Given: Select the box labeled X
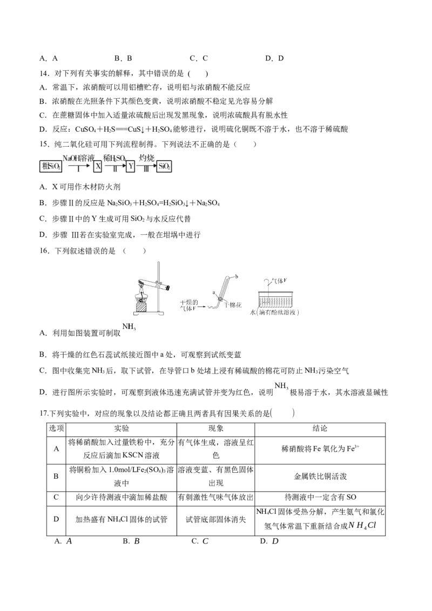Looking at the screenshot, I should coord(98,167).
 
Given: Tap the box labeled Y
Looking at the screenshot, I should coord(130,167).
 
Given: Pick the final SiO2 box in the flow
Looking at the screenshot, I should coord(164,167).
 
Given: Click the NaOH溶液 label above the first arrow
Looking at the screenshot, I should coord(78,157).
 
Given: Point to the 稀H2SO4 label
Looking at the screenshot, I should coord(114,157).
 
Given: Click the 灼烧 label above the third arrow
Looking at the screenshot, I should coord(147,157).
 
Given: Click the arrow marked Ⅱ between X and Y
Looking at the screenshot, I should coord(114,168).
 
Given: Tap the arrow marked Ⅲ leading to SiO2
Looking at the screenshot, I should coord(146,168).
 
